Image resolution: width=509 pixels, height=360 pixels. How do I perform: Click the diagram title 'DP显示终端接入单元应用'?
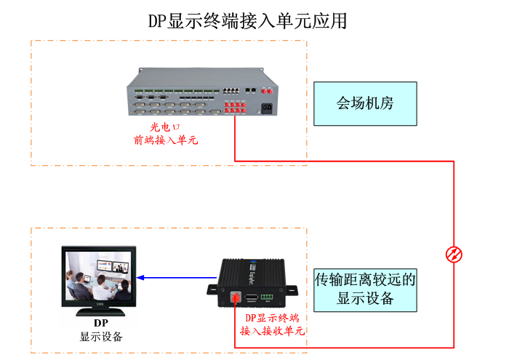click(x=247, y=21)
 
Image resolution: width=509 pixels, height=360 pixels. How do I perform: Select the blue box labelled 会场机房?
click(x=365, y=103)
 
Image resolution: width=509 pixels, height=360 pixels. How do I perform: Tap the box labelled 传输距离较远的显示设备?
click(x=365, y=289)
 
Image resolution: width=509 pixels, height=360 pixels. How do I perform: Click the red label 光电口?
click(x=164, y=127)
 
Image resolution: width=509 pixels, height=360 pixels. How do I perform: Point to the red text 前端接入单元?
click(x=166, y=140)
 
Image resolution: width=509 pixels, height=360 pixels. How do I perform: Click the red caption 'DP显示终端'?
click(x=271, y=318)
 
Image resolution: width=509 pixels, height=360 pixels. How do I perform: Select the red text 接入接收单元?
click(x=271, y=331)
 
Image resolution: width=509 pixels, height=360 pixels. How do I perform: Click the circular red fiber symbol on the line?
click(x=454, y=254)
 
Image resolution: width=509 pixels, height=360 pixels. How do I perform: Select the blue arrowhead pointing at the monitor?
click(x=142, y=277)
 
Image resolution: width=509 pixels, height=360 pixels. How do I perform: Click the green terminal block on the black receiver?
click(x=269, y=296)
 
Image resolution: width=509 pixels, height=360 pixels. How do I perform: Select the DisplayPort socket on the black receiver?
click(x=252, y=297)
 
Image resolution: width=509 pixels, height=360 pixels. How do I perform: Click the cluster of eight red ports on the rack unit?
click(x=235, y=109)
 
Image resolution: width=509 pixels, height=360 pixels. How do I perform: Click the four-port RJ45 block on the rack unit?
click(x=232, y=90)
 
